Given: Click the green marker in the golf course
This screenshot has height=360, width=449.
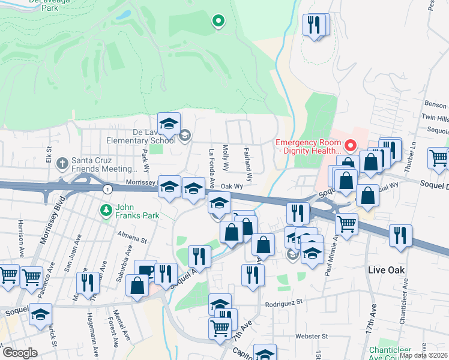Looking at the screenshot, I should pyautogui.click(x=218, y=22).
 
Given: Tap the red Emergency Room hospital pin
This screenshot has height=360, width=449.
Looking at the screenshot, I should pyautogui.click(x=351, y=145).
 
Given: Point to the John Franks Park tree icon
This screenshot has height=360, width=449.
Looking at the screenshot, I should pyautogui.click(x=106, y=209).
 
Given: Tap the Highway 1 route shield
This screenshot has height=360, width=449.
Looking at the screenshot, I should pyautogui.click(x=106, y=190).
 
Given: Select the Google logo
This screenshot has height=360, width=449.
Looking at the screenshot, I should pyautogui.click(x=19, y=353).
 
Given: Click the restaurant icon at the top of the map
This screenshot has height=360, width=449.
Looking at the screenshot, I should pyautogui.click(x=315, y=25).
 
